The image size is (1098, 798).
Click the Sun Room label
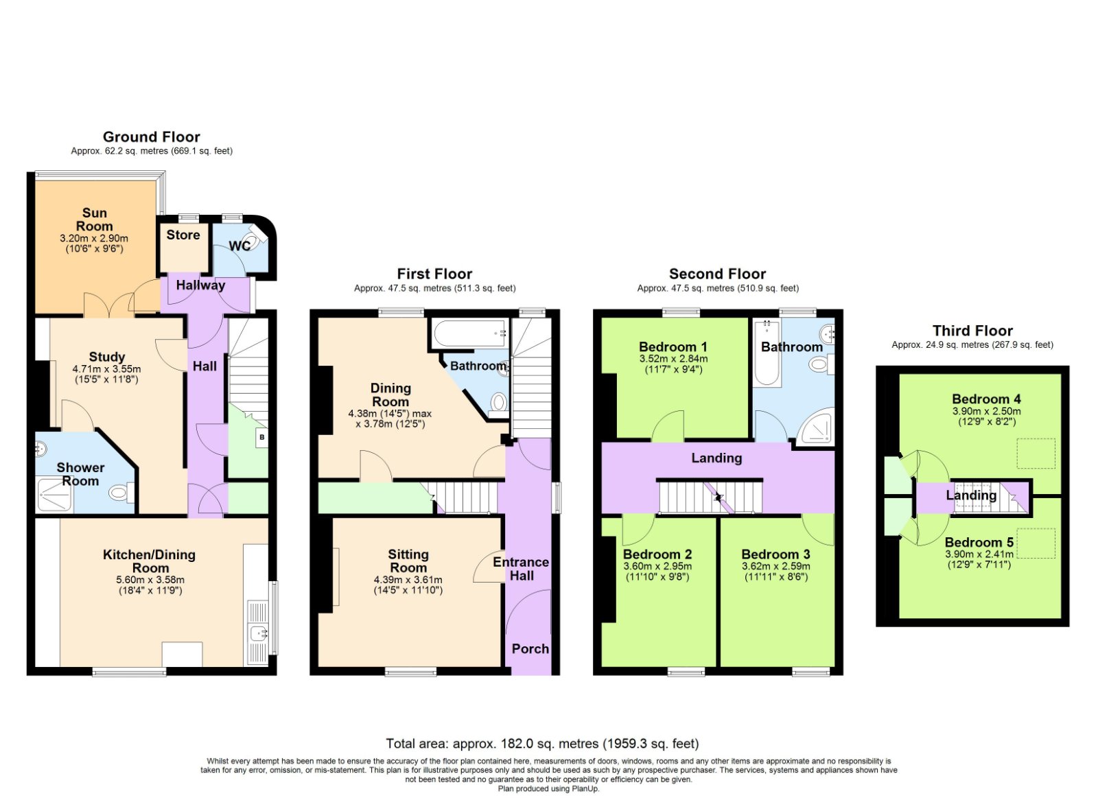pyautogui.click(x=94, y=220)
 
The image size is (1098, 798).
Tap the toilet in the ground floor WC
pyautogui.click(x=257, y=240)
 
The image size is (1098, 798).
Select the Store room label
pyautogui.click(x=183, y=235)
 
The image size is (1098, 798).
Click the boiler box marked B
pyautogui.click(x=261, y=437)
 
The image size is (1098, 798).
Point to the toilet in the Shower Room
pyautogui.click(x=119, y=491)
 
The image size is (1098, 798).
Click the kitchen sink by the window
pyautogui.click(x=258, y=634)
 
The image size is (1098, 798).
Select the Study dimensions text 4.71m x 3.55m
pyautogui.click(x=106, y=369)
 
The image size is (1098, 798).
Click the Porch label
pyautogui.click(x=530, y=648)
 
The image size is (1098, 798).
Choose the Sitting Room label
pyautogui.click(x=408, y=561)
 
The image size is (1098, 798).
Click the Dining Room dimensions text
pyautogui.click(x=390, y=419)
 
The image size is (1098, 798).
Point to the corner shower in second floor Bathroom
pyautogui.click(x=817, y=428)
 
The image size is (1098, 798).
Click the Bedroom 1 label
pyautogui.click(x=673, y=347)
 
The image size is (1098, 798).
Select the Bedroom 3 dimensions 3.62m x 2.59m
pyautogui.click(x=776, y=567)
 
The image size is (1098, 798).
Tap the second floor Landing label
pyautogui.click(x=716, y=458)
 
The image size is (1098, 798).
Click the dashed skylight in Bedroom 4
pyautogui.click(x=1036, y=454)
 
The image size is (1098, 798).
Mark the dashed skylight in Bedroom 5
pyautogui.click(x=1036, y=543)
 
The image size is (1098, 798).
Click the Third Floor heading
pyautogui.click(x=972, y=331)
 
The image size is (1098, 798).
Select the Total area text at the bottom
pyautogui.click(x=542, y=744)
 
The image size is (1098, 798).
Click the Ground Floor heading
pyautogui.click(x=152, y=137)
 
